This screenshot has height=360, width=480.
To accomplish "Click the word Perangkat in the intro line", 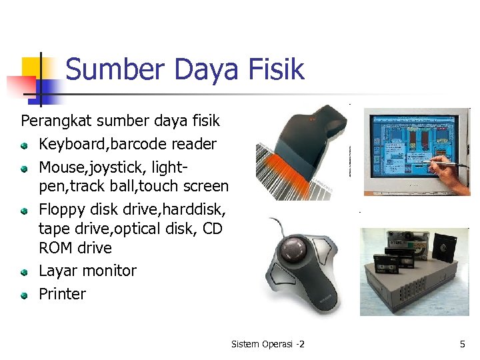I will [56, 121].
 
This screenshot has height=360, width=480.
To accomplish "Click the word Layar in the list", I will [57, 271].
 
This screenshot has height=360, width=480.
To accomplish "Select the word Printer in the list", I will [62, 294].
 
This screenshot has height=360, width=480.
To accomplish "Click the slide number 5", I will [462, 344].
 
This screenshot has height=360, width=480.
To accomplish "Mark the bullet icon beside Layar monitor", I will [24, 272].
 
